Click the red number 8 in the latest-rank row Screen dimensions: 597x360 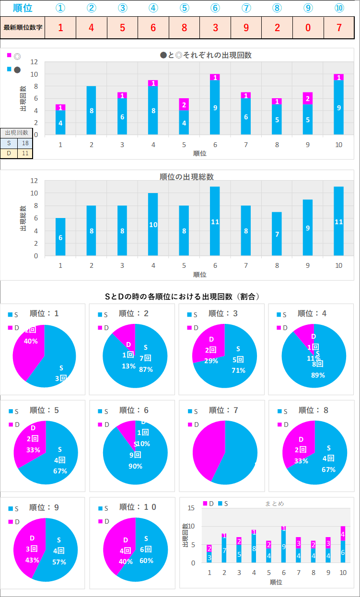tap(184, 27)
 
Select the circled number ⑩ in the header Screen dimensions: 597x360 tap(339, 8)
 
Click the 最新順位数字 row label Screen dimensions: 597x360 tap(23, 27)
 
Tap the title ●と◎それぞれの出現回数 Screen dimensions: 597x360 tap(206, 55)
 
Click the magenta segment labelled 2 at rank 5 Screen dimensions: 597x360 tap(185, 104)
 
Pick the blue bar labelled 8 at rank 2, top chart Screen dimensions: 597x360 tap(92, 111)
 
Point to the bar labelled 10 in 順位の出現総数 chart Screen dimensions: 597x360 tap(153, 224)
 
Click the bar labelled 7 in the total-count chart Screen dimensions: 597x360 tap(277, 234)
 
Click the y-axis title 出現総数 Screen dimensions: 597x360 tap(23, 218)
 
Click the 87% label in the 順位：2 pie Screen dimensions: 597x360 tap(146, 369)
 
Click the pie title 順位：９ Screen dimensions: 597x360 tap(44, 507)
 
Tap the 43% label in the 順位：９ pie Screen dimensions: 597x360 tap(33, 562)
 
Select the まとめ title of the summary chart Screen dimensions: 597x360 tap(275, 504)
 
